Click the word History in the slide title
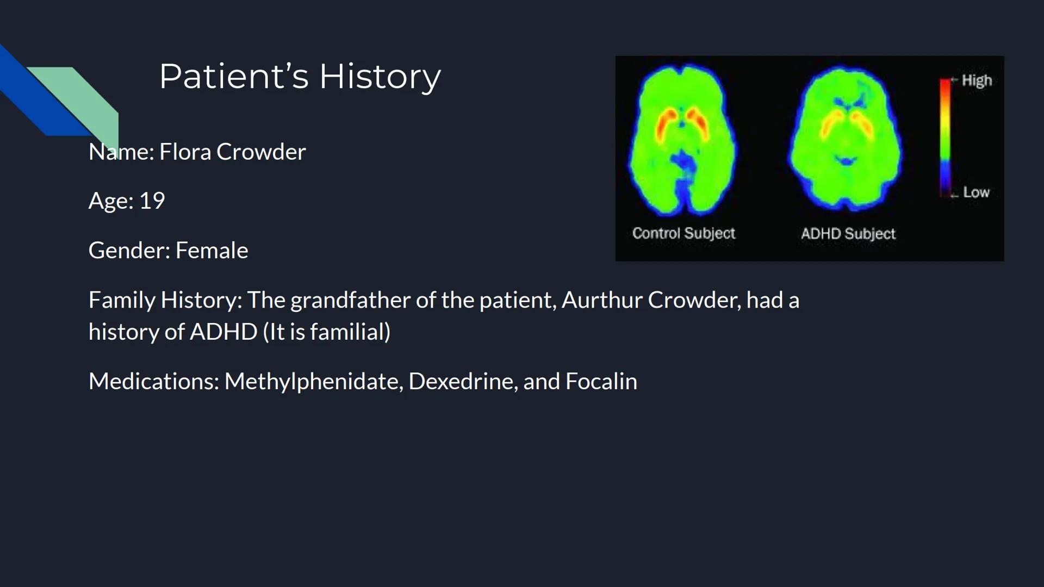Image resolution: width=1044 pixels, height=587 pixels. (x=380, y=77)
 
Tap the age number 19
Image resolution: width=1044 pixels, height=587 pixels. (x=152, y=201)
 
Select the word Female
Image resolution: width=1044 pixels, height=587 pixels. (x=212, y=251)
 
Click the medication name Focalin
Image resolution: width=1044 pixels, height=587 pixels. (x=601, y=382)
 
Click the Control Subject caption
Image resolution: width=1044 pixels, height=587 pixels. (x=683, y=234)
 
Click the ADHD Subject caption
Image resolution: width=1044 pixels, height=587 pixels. (x=848, y=234)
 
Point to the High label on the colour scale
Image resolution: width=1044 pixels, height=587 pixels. (x=977, y=80)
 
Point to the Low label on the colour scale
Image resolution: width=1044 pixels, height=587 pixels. (x=976, y=192)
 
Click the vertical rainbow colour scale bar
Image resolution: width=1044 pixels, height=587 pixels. (x=945, y=136)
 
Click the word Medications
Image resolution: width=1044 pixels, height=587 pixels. (x=153, y=382)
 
